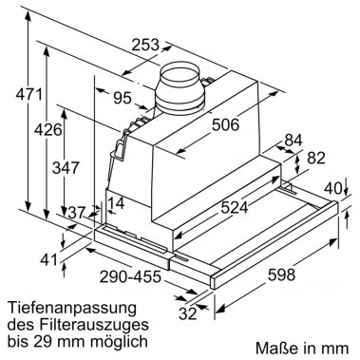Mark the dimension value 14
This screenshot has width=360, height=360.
117,202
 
